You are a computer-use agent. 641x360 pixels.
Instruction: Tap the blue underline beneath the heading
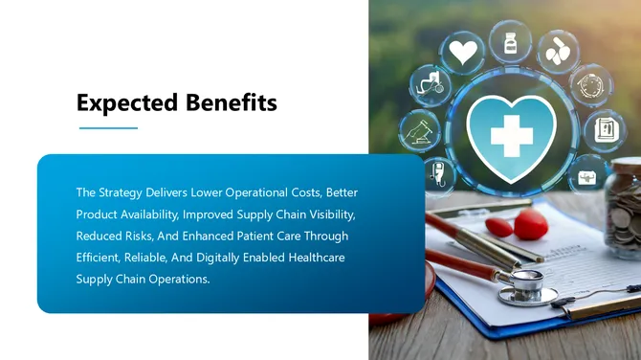pyautogui.click(x=107, y=127)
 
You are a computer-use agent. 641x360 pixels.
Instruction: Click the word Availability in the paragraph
pyautogui.click(x=146, y=214)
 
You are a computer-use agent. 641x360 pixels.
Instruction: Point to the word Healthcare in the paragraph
pyautogui.click(x=316, y=258)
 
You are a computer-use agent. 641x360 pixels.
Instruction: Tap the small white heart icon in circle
pyautogui.click(x=463, y=53)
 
